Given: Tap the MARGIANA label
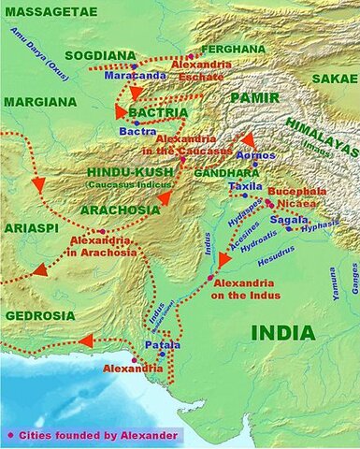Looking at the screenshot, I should [x=39, y=101].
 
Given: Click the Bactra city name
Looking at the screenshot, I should [x=137, y=132].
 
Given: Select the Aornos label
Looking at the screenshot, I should [x=256, y=153].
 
